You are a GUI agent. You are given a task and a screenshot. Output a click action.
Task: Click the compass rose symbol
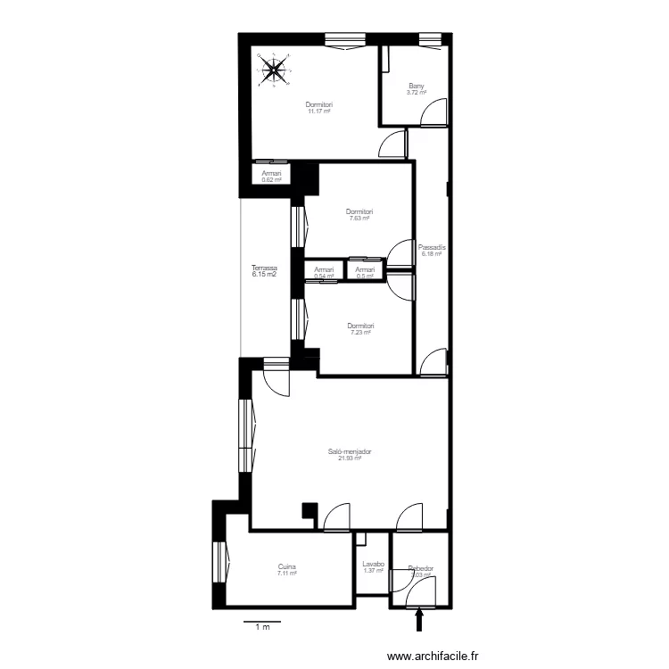coord(275,70)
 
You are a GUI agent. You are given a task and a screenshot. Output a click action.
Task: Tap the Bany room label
coord(417,87)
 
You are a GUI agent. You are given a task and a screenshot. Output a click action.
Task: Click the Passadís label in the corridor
coord(432,247)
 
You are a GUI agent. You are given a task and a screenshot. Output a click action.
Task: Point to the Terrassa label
coord(264,268)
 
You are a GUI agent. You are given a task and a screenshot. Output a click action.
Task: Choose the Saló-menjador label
coord(349,452)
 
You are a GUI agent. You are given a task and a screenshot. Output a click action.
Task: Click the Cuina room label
coord(286,567)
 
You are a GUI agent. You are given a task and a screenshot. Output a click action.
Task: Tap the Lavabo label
coord(373,565)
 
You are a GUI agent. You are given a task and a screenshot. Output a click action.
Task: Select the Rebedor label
coord(420,568)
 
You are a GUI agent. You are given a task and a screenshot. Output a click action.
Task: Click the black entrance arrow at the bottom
coord(420,619)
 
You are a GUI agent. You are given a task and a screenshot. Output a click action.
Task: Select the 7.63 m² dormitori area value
coord(359,219)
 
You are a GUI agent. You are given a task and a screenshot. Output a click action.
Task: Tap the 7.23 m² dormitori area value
coord(360,333)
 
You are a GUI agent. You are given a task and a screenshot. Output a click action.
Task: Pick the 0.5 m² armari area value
coord(364,276)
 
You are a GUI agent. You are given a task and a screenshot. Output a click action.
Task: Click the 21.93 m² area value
coord(348,459)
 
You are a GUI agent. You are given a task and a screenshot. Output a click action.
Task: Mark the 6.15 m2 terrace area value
coord(264,275)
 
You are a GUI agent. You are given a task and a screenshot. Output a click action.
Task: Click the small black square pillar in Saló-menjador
coord(310,512)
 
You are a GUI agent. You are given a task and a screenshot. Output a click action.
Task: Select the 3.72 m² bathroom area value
coord(417,93)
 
